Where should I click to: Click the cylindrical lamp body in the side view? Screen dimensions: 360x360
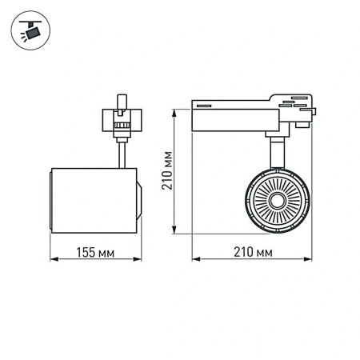[90, 200]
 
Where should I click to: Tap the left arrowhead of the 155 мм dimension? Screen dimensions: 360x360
[53, 260]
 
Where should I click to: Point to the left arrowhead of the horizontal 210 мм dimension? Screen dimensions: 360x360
[194, 260]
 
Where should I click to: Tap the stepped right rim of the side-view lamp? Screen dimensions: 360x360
[139, 200]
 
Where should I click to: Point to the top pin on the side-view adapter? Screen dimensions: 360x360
[123, 101]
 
